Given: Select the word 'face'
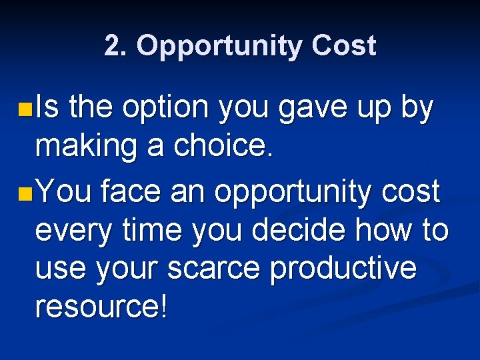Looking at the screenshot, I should [x=131, y=193].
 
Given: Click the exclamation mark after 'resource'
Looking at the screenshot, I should [x=163, y=306].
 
